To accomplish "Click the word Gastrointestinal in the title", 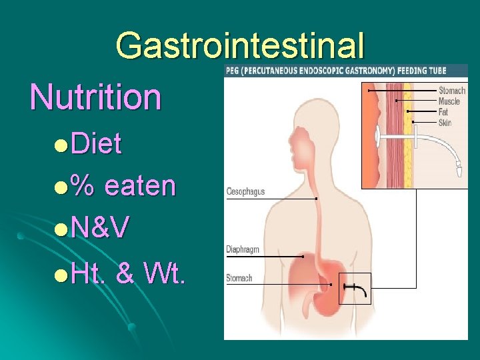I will (240, 45).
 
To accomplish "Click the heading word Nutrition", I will (96, 96).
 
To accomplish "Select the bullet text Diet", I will (97, 143).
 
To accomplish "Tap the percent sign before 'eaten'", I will (83, 186).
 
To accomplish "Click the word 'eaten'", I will (141, 186).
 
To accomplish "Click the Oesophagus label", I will (245, 191).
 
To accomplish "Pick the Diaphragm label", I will (243, 249).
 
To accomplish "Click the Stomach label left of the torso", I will (239, 277).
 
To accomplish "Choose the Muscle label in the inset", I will (449, 101).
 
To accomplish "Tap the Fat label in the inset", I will (443, 112).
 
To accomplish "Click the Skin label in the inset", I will (445, 123).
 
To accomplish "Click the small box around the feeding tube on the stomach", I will (355, 288).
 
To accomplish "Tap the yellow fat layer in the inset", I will (407, 133).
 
